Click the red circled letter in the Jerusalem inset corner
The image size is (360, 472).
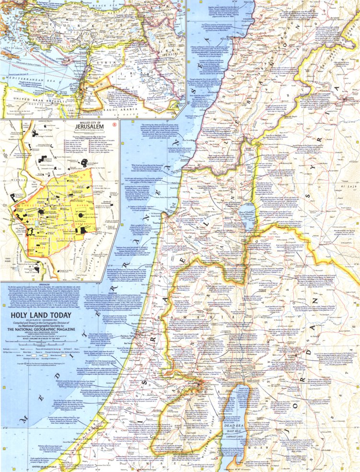pos(114,126)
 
